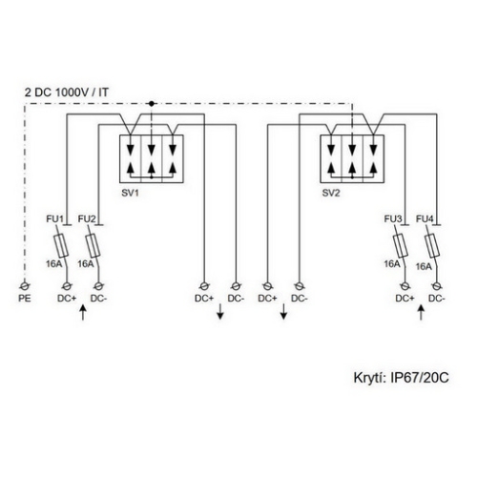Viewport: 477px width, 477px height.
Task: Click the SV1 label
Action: pos(131,193)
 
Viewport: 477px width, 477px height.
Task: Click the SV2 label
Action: pos(331,193)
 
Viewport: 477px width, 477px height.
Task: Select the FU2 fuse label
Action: pos(87,220)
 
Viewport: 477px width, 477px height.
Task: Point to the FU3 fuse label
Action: pos(392,220)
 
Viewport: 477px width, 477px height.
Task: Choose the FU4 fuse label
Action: pos(425,220)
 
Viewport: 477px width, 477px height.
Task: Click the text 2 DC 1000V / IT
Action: pos(63,91)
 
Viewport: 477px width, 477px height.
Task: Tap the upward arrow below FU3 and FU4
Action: pos(419,314)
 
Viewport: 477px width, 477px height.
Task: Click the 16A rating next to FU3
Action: pos(392,264)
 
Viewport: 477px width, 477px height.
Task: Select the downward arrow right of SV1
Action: pos(220,314)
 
